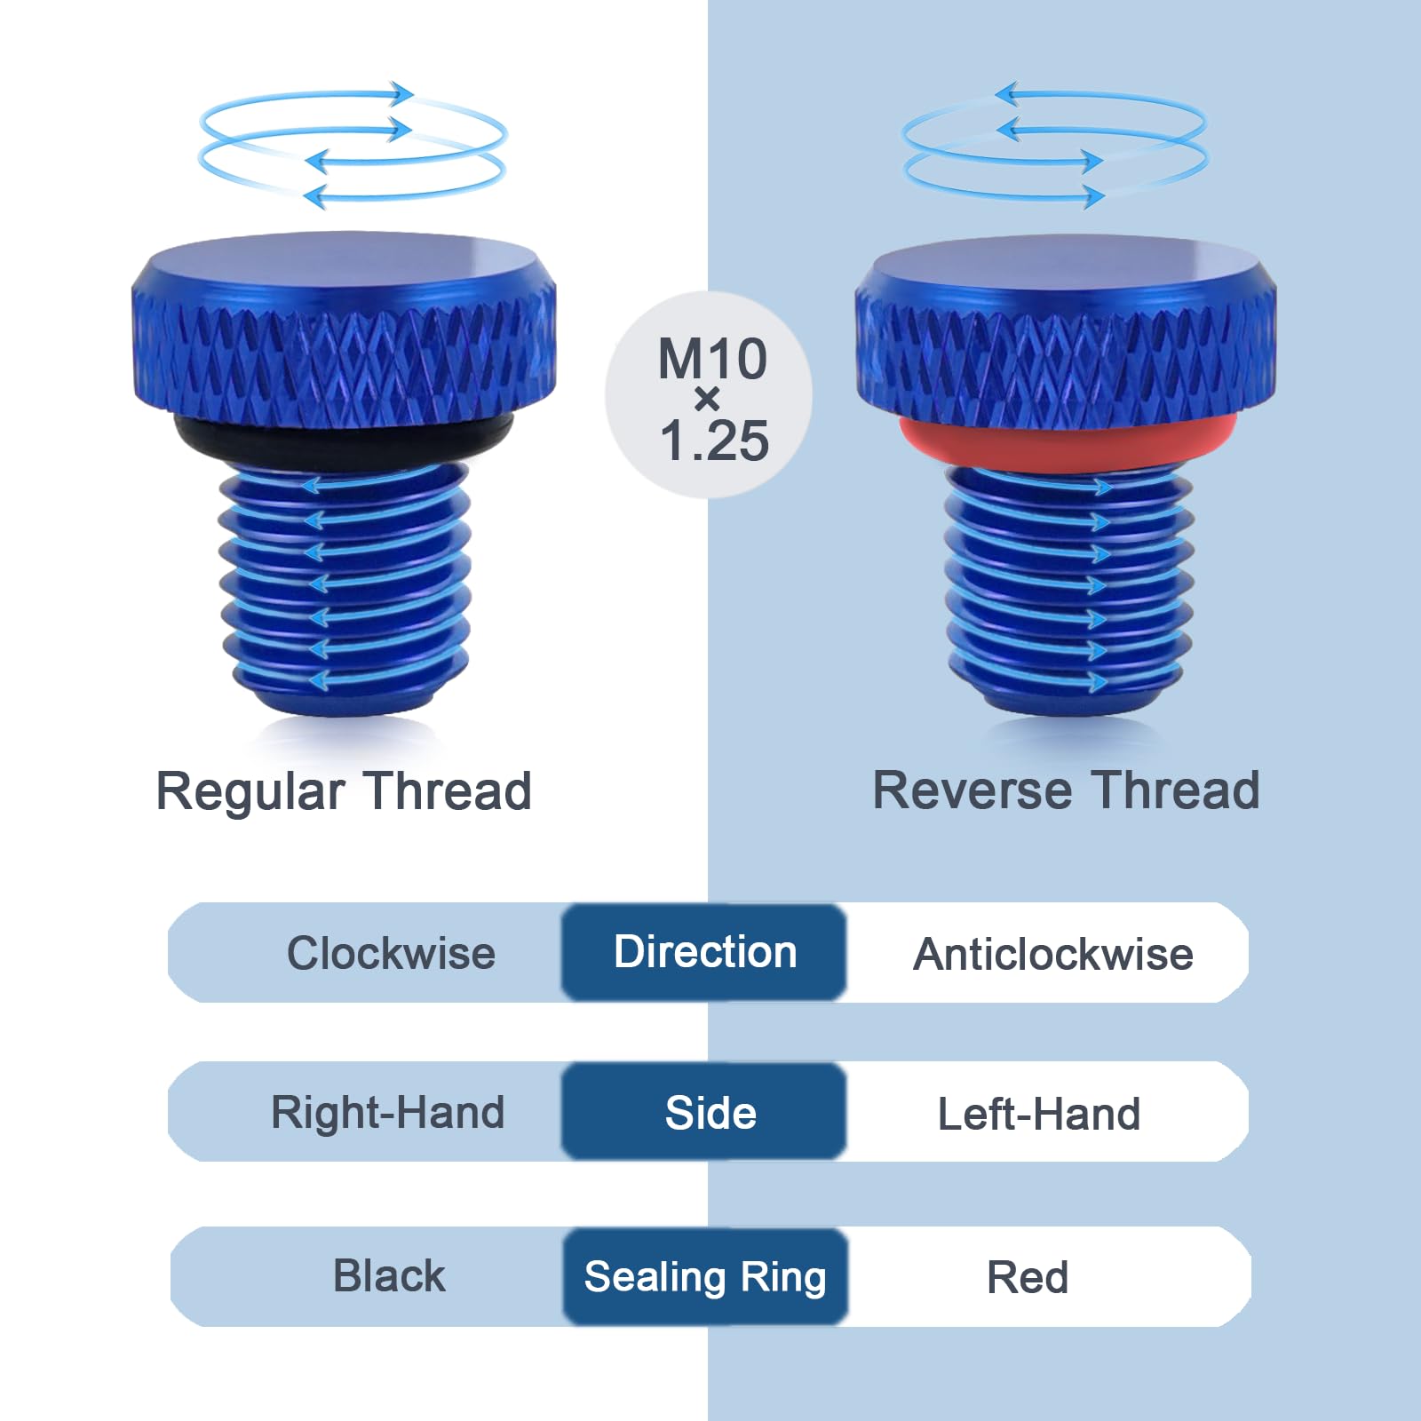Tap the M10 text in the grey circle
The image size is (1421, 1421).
pyautogui.click(x=712, y=359)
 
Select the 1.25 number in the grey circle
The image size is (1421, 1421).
pyautogui.click(x=714, y=440)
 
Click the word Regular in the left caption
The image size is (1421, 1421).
pyautogui.click(x=250, y=791)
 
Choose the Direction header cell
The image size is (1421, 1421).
pyautogui.click(x=704, y=952)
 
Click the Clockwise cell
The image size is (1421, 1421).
pyautogui.click(x=391, y=953)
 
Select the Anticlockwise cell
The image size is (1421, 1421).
pyautogui.click(x=1052, y=954)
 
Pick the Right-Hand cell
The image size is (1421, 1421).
pyautogui.click(x=388, y=1112)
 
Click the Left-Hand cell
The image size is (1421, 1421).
pyautogui.click(x=1039, y=1114)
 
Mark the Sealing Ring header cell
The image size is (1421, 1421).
pyautogui.click(x=705, y=1276)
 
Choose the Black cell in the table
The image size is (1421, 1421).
pyautogui.click(x=389, y=1276)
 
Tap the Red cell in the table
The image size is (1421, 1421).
pyautogui.click(x=1028, y=1277)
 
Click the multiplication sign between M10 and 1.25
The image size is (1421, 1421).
pyautogui.click(x=707, y=400)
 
